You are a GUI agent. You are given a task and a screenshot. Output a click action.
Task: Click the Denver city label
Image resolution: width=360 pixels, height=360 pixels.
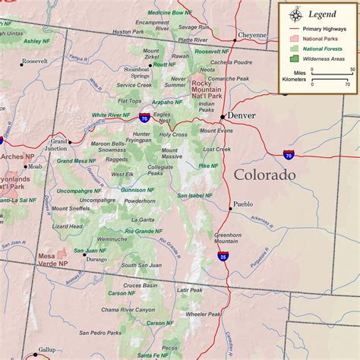click(242, 115)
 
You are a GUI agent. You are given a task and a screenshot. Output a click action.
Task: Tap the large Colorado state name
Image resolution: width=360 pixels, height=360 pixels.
click(264, 175)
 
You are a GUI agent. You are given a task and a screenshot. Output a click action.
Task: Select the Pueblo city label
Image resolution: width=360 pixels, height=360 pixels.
click(243, 204)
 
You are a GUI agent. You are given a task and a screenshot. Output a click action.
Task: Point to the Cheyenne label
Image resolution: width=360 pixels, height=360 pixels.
click(252, 35)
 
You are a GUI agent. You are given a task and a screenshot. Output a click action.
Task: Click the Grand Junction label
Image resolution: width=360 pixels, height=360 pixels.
click(59, 145)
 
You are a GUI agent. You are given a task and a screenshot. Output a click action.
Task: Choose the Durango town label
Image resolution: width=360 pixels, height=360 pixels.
click(96, 259)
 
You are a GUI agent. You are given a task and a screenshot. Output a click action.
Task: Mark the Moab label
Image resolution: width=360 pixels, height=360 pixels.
click(35, 166)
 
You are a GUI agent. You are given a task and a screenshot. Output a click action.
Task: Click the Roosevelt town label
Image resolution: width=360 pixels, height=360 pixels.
click(34, 61)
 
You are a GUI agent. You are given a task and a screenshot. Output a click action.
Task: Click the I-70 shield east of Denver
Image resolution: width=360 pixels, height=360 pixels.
click(289, 154)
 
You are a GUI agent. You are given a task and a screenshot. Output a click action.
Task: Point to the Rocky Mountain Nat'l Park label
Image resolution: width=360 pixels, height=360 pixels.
click(207, 90)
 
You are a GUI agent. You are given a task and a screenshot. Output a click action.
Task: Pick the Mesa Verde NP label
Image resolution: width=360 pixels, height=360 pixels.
click(54, 261)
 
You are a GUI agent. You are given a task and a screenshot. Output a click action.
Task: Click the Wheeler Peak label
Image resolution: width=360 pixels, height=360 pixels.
click(203, 314)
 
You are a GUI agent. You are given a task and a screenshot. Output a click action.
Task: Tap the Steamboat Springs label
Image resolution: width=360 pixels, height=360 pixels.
click(137, 73)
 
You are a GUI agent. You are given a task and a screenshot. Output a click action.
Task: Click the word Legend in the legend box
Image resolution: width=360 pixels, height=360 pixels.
click(322, 14)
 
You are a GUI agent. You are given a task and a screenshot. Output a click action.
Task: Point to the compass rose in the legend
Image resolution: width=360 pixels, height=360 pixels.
click(293, 14)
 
